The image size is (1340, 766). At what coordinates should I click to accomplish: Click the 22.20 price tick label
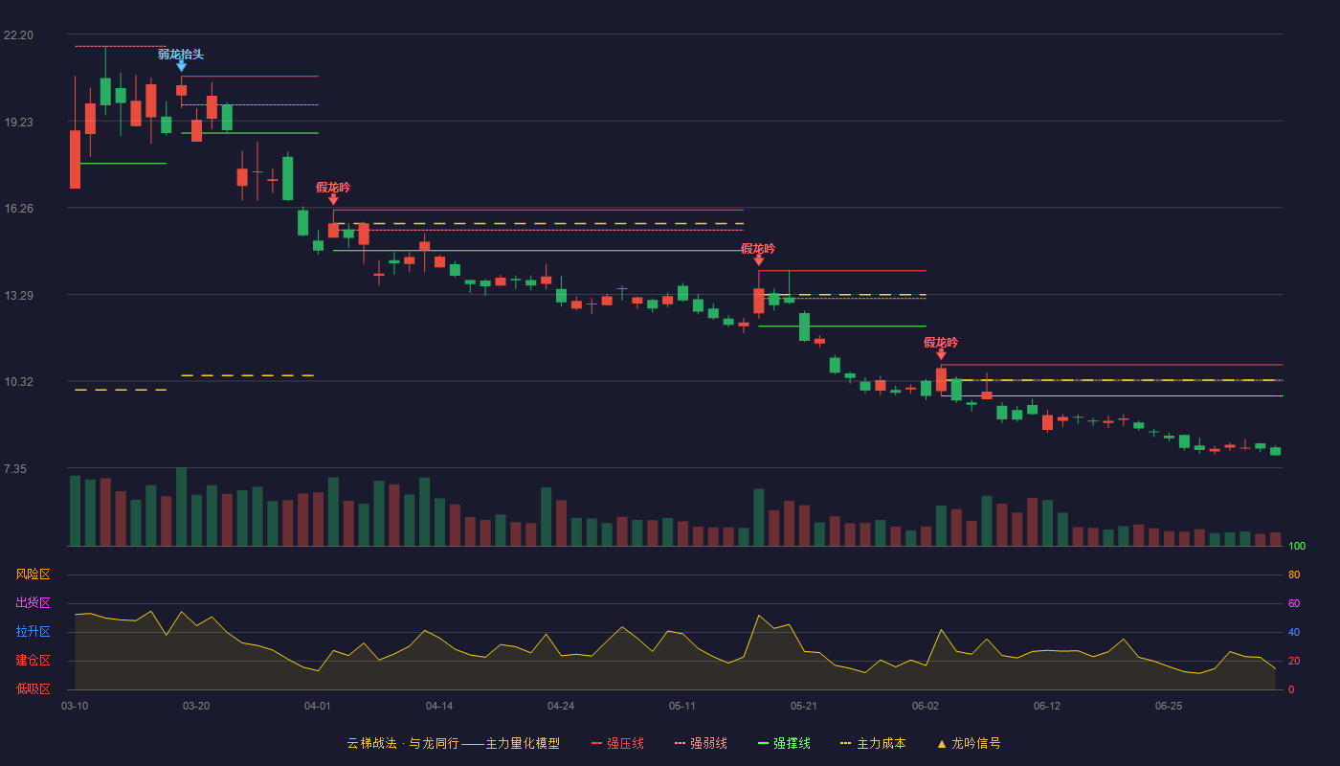pos(18,35)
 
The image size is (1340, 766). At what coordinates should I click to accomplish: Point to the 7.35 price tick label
pos(15,469)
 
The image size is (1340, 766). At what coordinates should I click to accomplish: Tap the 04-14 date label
pos(439,707)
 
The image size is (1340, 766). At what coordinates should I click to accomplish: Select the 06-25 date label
pos(1169,707)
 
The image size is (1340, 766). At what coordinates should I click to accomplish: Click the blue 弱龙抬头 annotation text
pos(181,55)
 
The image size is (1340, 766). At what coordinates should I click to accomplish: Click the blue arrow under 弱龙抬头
pos(181,66)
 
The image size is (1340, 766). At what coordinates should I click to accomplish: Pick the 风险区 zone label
pos(33,574)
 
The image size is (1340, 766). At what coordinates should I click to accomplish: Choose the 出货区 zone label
pos(33,602)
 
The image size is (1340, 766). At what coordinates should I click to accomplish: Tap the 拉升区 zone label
pos(33,631)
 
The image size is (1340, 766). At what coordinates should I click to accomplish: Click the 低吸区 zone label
pos(33,688)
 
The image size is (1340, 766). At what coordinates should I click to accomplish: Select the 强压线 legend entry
pos(617,743)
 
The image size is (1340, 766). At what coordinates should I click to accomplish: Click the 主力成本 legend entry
pos(873,743)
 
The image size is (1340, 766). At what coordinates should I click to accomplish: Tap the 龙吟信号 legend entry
pos(969,743)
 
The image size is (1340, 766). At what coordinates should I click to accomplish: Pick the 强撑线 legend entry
pos(784,743)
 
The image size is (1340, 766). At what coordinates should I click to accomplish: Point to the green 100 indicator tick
pos(1297,546)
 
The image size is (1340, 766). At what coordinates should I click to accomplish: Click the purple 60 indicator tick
pos(1294,603)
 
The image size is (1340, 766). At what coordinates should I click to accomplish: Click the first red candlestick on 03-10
pos(75,159)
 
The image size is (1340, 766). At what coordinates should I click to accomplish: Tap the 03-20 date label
pos(196,707)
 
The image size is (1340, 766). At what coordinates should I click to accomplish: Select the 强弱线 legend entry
pos(701,743)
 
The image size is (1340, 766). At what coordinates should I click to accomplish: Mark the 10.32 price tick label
pos(18,382)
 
